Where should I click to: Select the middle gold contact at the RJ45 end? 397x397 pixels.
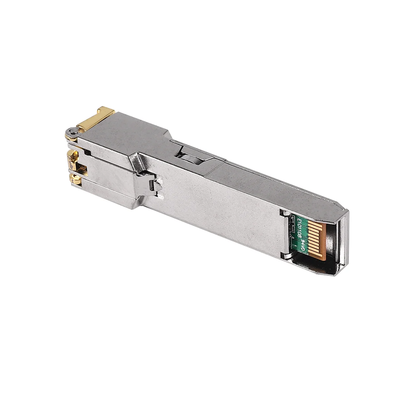(73, 159)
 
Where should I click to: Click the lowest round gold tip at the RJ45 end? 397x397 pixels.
(75, 180)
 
